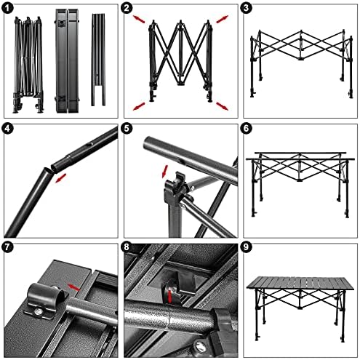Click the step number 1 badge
click(x=7, y=9)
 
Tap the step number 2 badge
click(x=127, y=9)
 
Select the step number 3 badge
click(x=246, y=8)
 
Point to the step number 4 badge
click(x=7, y=129)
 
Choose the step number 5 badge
click(x=127, y=129)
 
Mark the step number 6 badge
click(x=246, y=129)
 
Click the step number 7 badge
click(x=7, y=247)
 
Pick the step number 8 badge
click(x=127, y=247)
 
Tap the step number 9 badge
click(x=246, y=247)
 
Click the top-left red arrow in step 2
click(x=139, y=19)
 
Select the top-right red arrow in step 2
click(x=223, y=19)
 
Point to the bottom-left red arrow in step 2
click(x=139, y=106)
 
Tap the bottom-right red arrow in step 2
click(x=223, y=106)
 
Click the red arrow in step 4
click(x=60, y=178)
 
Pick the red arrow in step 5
click(x=165, y=171)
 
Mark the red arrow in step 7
click(x=73, y=287)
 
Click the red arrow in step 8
click(x=169, y=296)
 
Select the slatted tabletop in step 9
click(x=300, y=283)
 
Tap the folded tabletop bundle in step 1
click(x=67, y=60)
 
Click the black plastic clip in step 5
click(x=176, y=188)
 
